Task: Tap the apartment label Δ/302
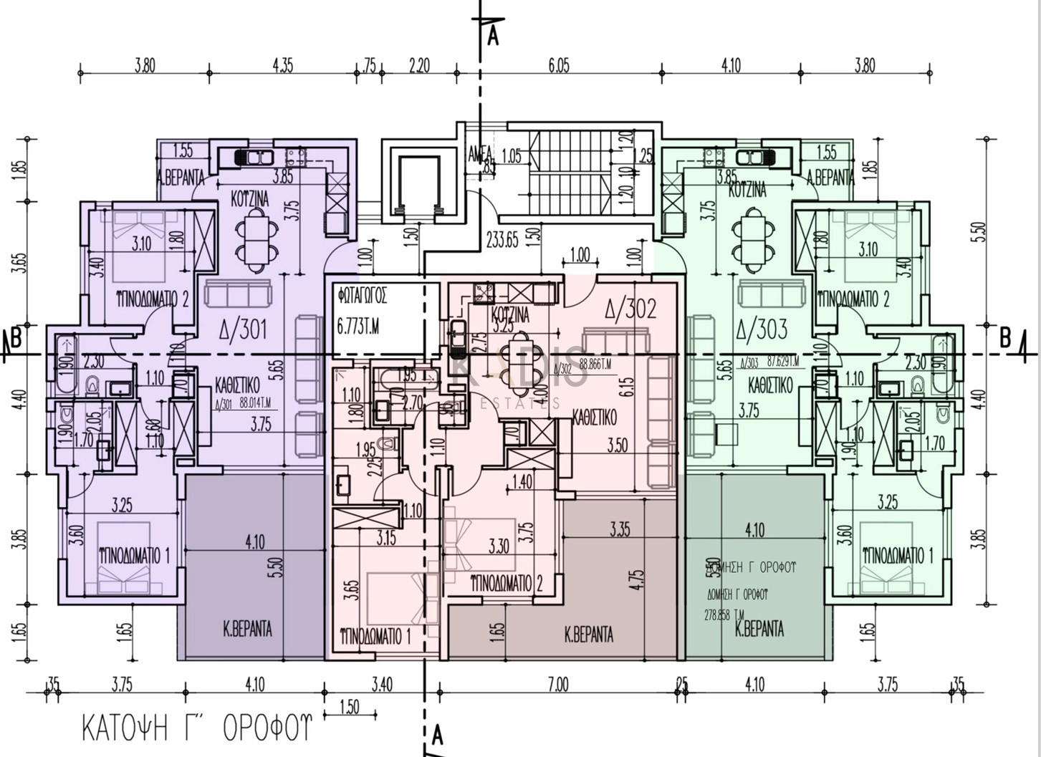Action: pyautogui.click(x=630, y=309)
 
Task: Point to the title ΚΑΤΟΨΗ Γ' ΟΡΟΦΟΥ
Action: pyautogui.click(x=197, y=728)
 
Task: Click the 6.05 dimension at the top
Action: pyautogui.click(x=559, y=66)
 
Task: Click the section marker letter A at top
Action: pyautogui.click(x=493, y=36)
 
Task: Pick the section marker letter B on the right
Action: pyautogui.click(x=1004, y=338)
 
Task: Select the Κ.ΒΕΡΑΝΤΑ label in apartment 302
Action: pyautogui.click(x=589, y=635)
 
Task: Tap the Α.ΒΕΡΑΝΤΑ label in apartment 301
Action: pyautogui.click(x=181, y=179)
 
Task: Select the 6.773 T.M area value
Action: pyautogui.click(x=358, y=327)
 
